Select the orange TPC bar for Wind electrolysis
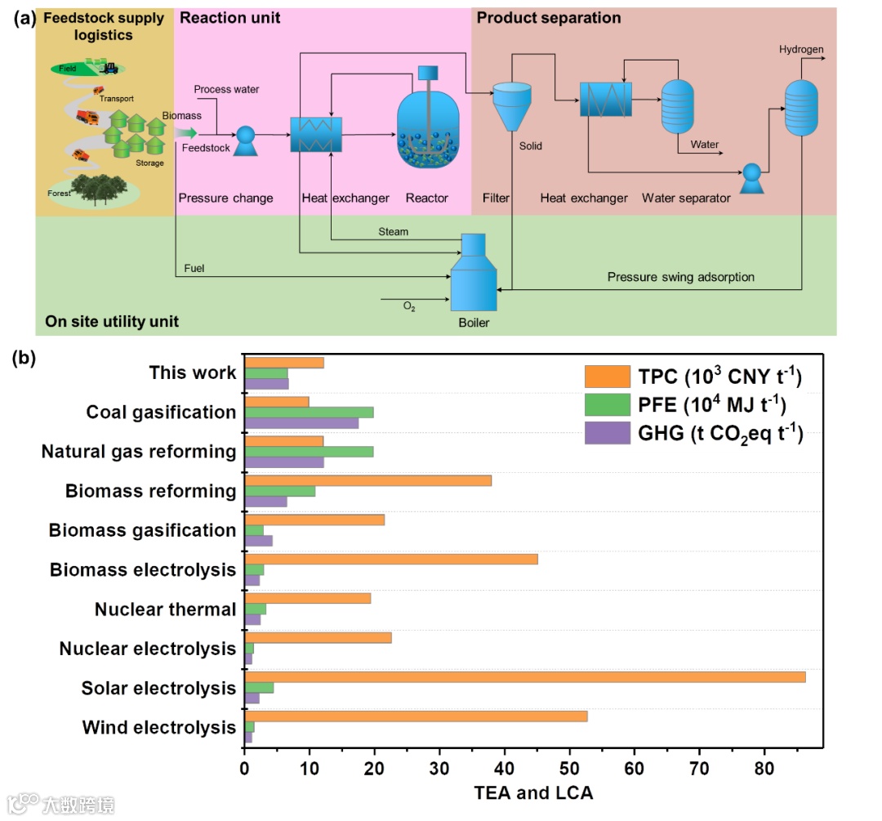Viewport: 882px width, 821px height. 416,716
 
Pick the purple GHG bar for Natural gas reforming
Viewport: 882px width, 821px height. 284,462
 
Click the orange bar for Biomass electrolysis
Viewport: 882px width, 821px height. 391,559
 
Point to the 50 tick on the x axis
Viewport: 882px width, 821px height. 570,770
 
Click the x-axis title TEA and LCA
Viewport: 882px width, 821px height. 533,792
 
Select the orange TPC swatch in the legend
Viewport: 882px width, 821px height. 607,377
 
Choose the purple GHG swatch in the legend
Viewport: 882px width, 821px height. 607,434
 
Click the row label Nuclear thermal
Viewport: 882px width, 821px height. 165,609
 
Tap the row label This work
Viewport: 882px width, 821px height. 193,373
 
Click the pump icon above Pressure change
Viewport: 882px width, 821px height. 246,141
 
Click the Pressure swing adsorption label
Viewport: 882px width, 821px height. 680,277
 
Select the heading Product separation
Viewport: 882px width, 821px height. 549,18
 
